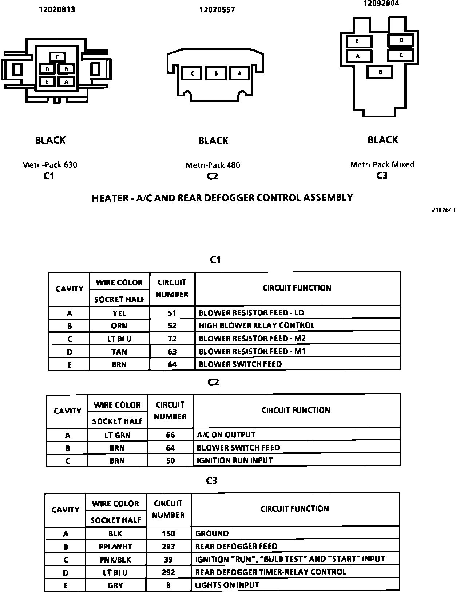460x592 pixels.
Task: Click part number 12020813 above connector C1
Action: click(x=57, y=9)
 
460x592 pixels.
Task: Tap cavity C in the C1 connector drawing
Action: click(x=57, y=57)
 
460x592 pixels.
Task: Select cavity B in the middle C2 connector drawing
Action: click(x=216, y=73)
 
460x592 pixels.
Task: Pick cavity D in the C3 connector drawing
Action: click(x=401, y=40)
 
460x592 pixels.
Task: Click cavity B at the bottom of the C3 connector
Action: click(x=380, y=72)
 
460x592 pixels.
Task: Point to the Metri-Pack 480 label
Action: click(x=213, y=165)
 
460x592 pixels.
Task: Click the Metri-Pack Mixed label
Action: click(x=382, y=164)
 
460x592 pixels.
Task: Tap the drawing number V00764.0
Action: click(x=444, y=210)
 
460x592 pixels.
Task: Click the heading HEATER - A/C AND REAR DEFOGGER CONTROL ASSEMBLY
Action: click(x=222, y=198)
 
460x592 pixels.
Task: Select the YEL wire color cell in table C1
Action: click(x=119, y=313)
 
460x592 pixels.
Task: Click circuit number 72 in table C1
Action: click(x=172, y=339)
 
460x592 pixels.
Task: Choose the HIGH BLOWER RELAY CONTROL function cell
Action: click(x=257, y=325)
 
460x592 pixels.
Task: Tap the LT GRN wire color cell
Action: click(x=117, y=435)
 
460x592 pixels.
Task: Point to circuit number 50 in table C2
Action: click(x=170, y=461)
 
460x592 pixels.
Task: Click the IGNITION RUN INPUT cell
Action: click(x=235, y=460)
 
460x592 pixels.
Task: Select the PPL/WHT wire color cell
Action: click(x=115, y=547)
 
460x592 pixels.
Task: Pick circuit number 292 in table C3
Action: click(x=168, y=572)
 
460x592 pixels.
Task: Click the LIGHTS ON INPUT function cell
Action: click(x=227, y=585)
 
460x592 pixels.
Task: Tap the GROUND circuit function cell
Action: click(x=212, y=533)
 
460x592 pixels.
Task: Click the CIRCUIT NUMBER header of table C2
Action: click(x=170, y=411)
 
